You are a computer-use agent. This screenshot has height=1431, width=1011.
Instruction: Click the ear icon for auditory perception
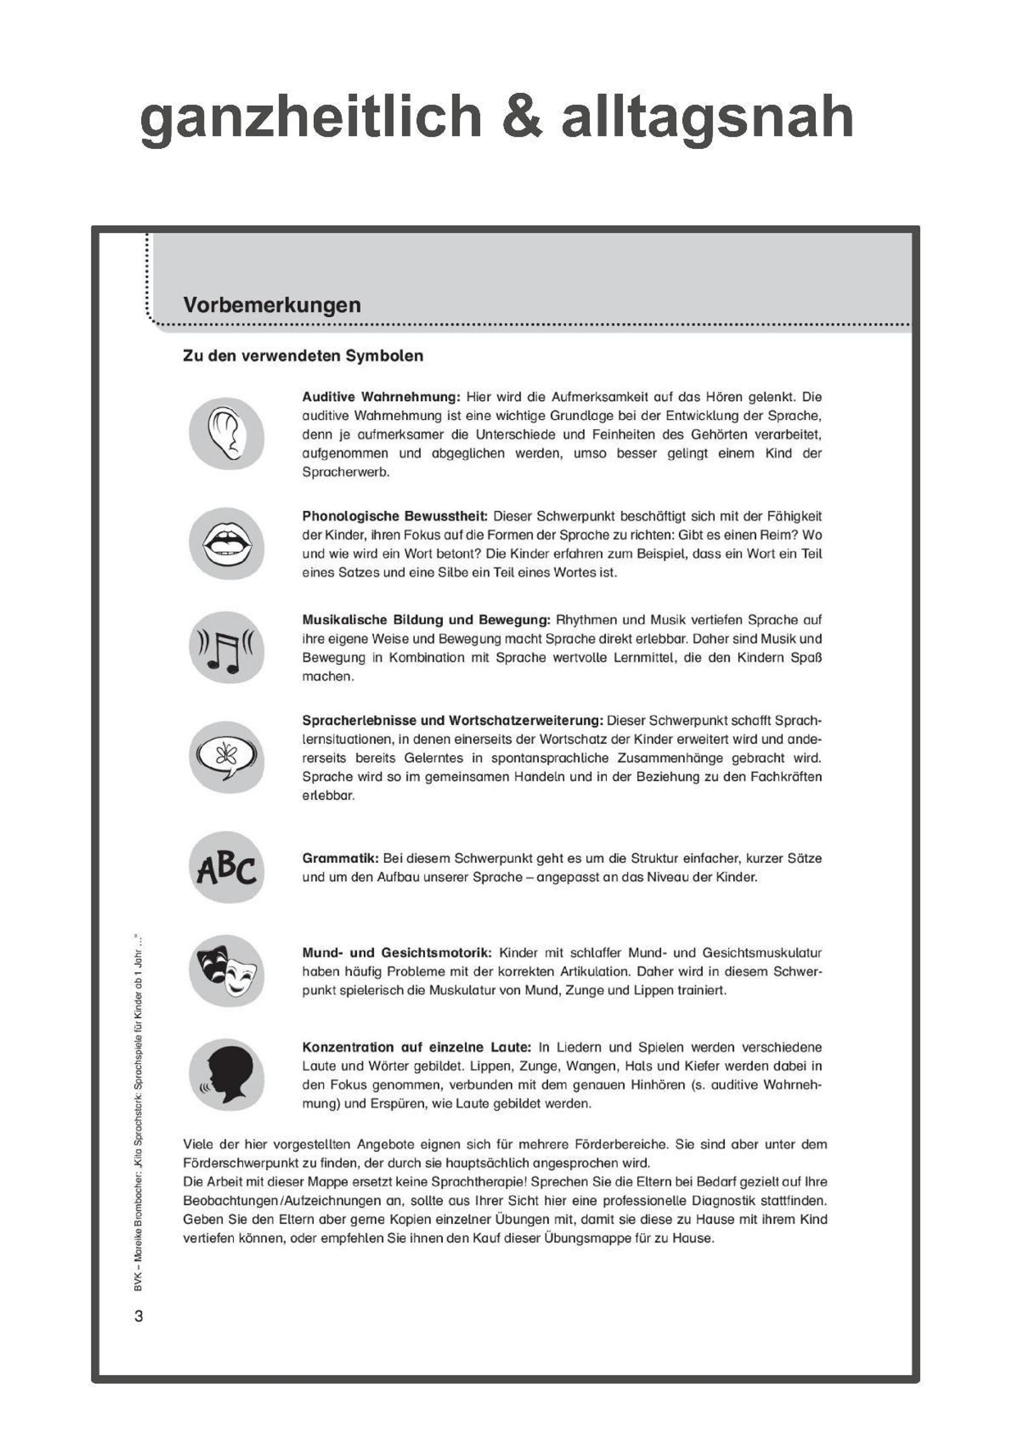(226, 434)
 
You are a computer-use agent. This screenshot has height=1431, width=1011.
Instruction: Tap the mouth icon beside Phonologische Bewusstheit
(226, 544)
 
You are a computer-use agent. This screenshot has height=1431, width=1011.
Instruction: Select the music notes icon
(226, 648)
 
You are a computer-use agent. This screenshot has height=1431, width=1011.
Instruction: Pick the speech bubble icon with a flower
(226, 757)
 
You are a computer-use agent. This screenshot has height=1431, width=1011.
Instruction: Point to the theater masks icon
(226, 970)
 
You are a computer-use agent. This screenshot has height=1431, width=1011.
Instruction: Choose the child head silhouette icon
(226, 1075)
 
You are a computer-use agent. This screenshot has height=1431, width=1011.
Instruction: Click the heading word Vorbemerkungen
(272, 305)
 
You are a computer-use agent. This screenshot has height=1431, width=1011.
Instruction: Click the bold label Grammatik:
(340, 858)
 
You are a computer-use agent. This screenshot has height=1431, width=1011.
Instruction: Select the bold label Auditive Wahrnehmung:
(381, 397)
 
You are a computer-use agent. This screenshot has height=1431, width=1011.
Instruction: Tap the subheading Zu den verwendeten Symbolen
(303, 356)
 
